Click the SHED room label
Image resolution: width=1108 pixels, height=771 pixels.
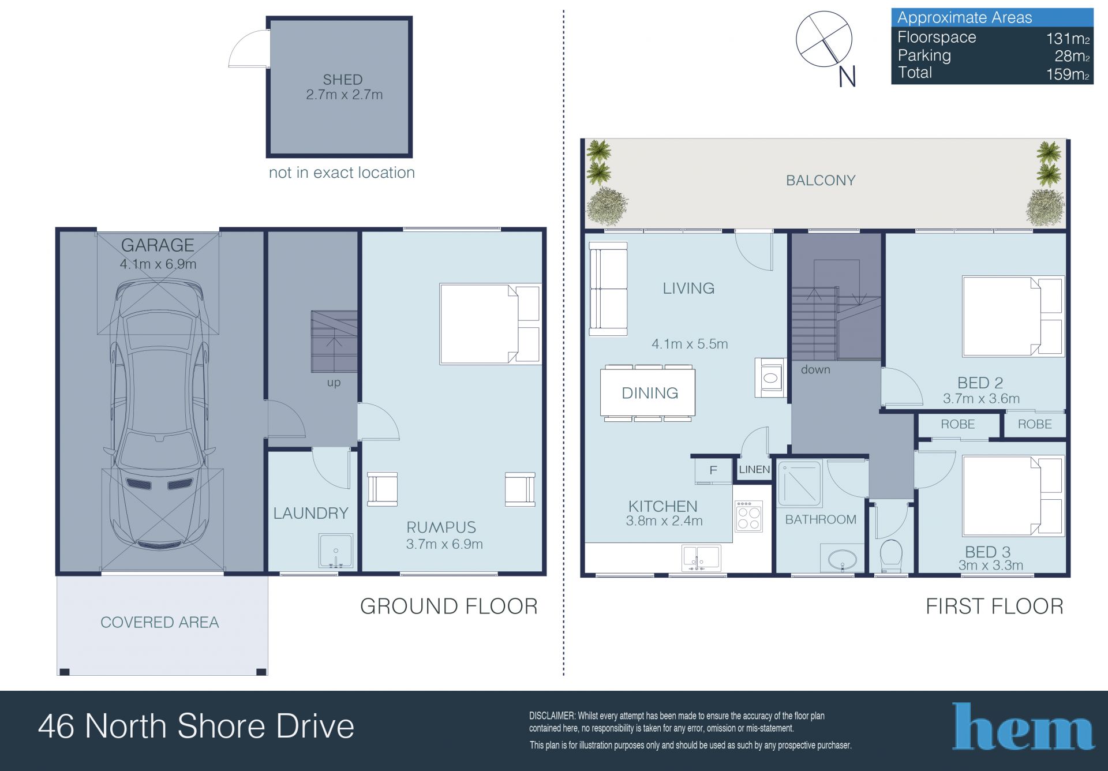[342, 80]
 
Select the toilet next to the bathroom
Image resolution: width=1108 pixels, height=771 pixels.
[891, 555]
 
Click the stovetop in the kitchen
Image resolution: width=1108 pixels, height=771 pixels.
[748, 516]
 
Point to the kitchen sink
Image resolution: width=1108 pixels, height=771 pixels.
[701, 558]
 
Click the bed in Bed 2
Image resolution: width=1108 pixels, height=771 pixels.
[1013, 316]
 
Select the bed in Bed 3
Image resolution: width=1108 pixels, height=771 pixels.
[1013, 496]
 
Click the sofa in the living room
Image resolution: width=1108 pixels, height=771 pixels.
[608, 289]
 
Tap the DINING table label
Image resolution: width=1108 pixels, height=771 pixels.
[650, 393]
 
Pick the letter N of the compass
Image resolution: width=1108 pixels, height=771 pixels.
[847, 77]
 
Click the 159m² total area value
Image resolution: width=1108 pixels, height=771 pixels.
[1068, 74]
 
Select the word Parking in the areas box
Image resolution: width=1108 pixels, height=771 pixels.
[924, 55]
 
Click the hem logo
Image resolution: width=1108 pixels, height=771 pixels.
[1023, 727]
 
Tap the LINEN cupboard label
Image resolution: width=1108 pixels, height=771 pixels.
[754, 469]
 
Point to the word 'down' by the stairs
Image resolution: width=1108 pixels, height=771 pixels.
[815, 369]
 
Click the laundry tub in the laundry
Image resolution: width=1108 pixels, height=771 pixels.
[336, 551]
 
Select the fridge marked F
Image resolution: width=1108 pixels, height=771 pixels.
[713, 470]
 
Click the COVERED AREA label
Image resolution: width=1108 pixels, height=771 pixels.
[160, 622]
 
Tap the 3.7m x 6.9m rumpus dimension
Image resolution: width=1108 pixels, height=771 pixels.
[444, 544]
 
